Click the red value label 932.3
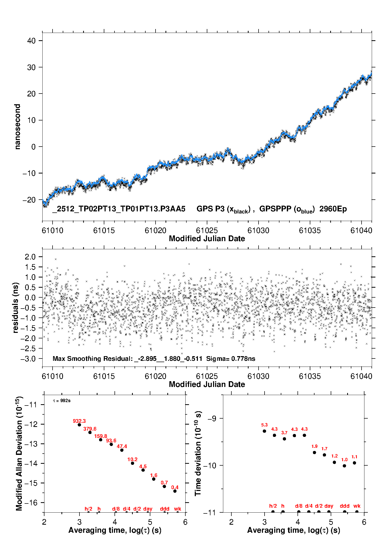[79, 421]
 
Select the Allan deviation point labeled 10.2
[133, 463]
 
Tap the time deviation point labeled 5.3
[264, 431]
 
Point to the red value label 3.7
[284, 433]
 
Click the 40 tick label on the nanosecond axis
[31, 41]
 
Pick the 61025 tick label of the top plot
[207, 230]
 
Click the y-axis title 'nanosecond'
[18, 127]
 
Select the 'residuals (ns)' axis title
[16, 308]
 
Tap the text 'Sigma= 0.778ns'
[231, 358]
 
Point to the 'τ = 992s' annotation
[62, 401]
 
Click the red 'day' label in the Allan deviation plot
[148, 509]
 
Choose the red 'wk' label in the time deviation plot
[357, 506]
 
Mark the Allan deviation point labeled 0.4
[175, 491]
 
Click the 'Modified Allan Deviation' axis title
[19, 454]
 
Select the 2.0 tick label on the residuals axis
[30, 257]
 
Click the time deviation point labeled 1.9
[314, 452]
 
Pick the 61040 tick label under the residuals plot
[361, 376]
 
